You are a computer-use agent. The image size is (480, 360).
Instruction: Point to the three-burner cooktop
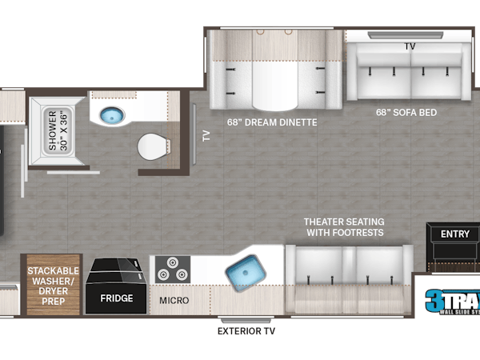coord(171,268)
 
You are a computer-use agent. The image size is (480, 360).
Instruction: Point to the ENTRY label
coord(455,233)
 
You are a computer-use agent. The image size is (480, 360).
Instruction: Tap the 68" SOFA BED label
coord(406,112)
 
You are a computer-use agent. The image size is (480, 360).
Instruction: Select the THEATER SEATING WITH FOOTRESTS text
coord(343,226)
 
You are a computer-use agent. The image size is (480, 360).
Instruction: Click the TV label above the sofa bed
coord(410,46)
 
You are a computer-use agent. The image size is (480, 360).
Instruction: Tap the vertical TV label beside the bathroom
coord(206,136)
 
